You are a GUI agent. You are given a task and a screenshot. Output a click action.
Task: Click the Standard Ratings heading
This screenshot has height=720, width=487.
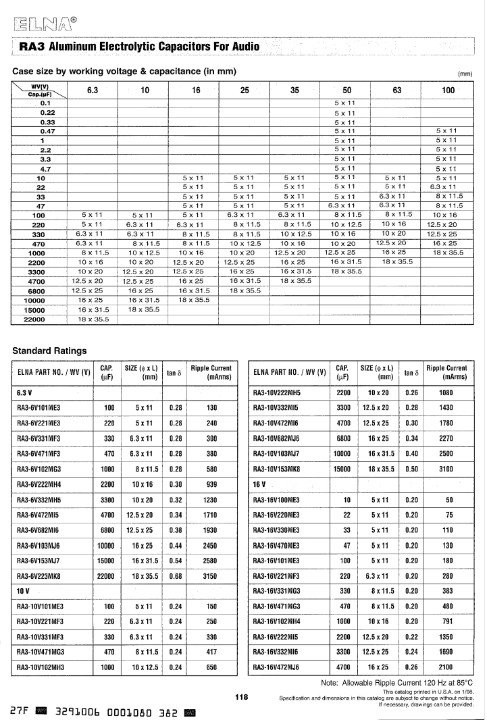pos(50,351)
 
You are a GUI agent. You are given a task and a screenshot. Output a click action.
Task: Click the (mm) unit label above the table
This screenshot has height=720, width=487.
pos(465,74)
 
